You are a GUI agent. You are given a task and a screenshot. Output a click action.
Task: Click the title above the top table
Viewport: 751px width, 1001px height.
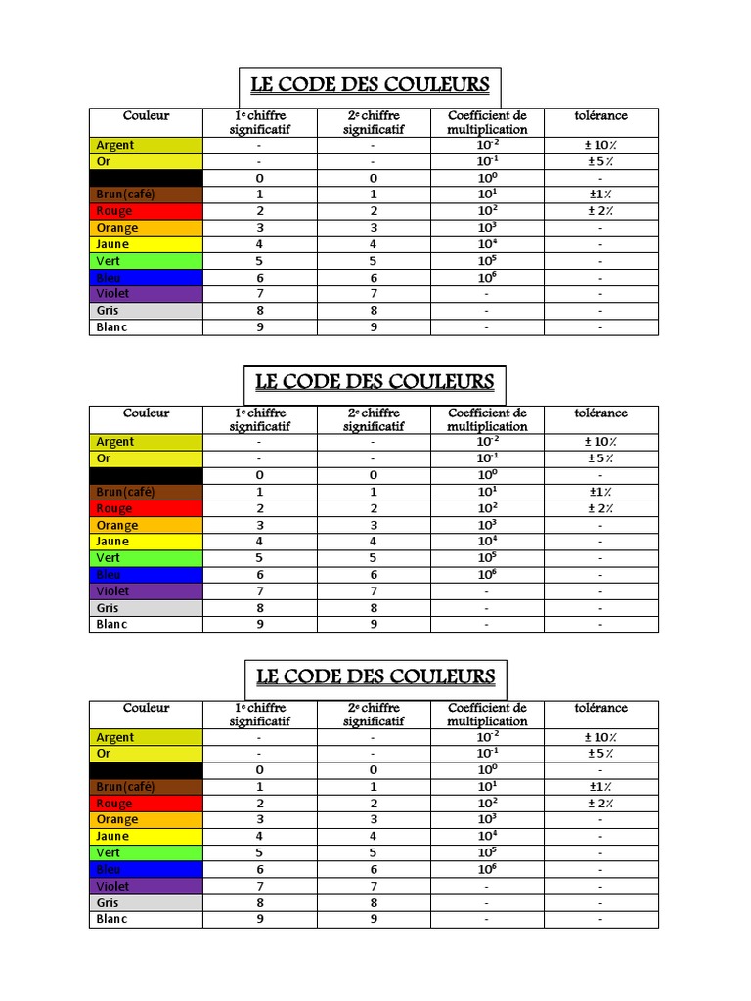(370, 85)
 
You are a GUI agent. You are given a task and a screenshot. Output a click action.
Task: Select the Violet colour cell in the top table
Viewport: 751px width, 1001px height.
(146, 293)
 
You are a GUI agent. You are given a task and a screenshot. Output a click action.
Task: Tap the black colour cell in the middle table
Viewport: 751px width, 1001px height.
(146, 475)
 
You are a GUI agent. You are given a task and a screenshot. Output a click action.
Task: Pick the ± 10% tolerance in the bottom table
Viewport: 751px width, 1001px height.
(599, 738)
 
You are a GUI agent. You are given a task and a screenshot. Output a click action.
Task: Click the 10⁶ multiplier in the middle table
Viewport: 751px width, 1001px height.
(486, 575)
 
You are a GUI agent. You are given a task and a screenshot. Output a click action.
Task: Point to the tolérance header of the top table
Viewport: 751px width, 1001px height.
(600, 116)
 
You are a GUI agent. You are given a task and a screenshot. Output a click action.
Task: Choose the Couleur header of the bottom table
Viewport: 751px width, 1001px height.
(146, 708)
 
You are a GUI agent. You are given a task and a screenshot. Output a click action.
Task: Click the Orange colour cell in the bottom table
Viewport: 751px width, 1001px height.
(146, 820)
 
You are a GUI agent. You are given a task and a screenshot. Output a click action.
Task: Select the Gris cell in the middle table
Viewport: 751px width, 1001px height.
(146, 608)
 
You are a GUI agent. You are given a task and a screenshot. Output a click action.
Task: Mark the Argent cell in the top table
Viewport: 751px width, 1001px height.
(146, 145)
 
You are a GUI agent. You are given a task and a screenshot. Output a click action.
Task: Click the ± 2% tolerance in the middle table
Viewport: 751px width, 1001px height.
(599, 508)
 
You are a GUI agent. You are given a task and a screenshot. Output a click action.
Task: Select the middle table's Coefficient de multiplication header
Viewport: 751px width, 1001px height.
(487, 419)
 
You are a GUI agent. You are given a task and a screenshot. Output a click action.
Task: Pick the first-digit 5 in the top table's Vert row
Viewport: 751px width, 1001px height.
(260, 261)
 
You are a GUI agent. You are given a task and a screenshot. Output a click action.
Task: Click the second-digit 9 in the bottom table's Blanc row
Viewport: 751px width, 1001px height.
(373, 919)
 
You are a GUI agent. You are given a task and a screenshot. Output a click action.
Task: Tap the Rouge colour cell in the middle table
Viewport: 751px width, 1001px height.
(146, 508)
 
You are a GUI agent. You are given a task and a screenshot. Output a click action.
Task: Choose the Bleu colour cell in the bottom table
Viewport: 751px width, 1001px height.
(146, 869)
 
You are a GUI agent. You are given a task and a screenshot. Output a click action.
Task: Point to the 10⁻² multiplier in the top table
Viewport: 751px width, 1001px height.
(487, 145)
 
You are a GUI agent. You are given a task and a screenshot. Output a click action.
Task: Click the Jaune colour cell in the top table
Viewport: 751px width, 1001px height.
(146, 244)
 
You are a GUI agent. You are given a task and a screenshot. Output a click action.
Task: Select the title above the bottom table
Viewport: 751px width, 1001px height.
(375, 676)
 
